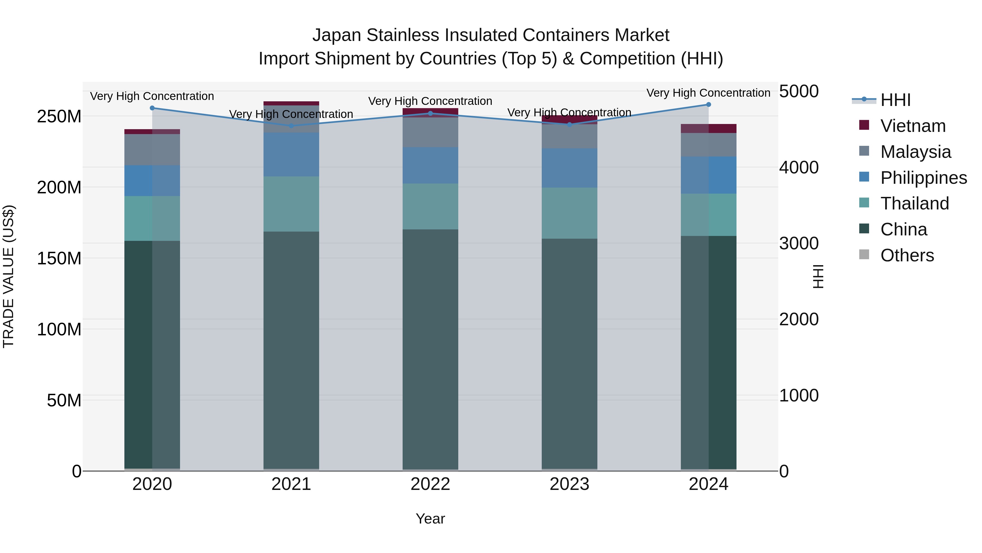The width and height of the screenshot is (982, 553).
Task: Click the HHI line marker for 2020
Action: click(x=152, y=108)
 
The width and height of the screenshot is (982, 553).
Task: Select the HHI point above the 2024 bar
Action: click(x=708, y=105)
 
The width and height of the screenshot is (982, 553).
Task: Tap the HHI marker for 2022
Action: click(x=430, y=113)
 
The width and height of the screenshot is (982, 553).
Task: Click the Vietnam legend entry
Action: click(x=913, y=126)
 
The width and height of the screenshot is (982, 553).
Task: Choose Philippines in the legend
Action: click(x=923, y=178)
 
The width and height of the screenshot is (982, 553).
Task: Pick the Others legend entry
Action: click(x=907, y=255)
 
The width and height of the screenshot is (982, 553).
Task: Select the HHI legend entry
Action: click(x=895, y=100)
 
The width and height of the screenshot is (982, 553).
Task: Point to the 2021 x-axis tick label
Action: click(x=291, y=484)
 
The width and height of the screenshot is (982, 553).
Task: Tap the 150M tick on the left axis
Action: click(x=59, y=258)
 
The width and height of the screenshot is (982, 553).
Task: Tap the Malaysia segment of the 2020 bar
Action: click(x=152, y=150)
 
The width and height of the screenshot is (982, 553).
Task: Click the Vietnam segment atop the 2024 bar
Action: click(x=708, y=128)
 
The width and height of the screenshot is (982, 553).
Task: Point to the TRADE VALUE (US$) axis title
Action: click(x=8, y=276)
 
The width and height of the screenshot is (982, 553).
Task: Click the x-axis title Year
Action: click(x=430, y=519)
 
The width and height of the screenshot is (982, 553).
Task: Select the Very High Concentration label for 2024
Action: click(x=708, y=93)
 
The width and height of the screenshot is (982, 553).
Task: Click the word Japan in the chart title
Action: click(x=336, y=35)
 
